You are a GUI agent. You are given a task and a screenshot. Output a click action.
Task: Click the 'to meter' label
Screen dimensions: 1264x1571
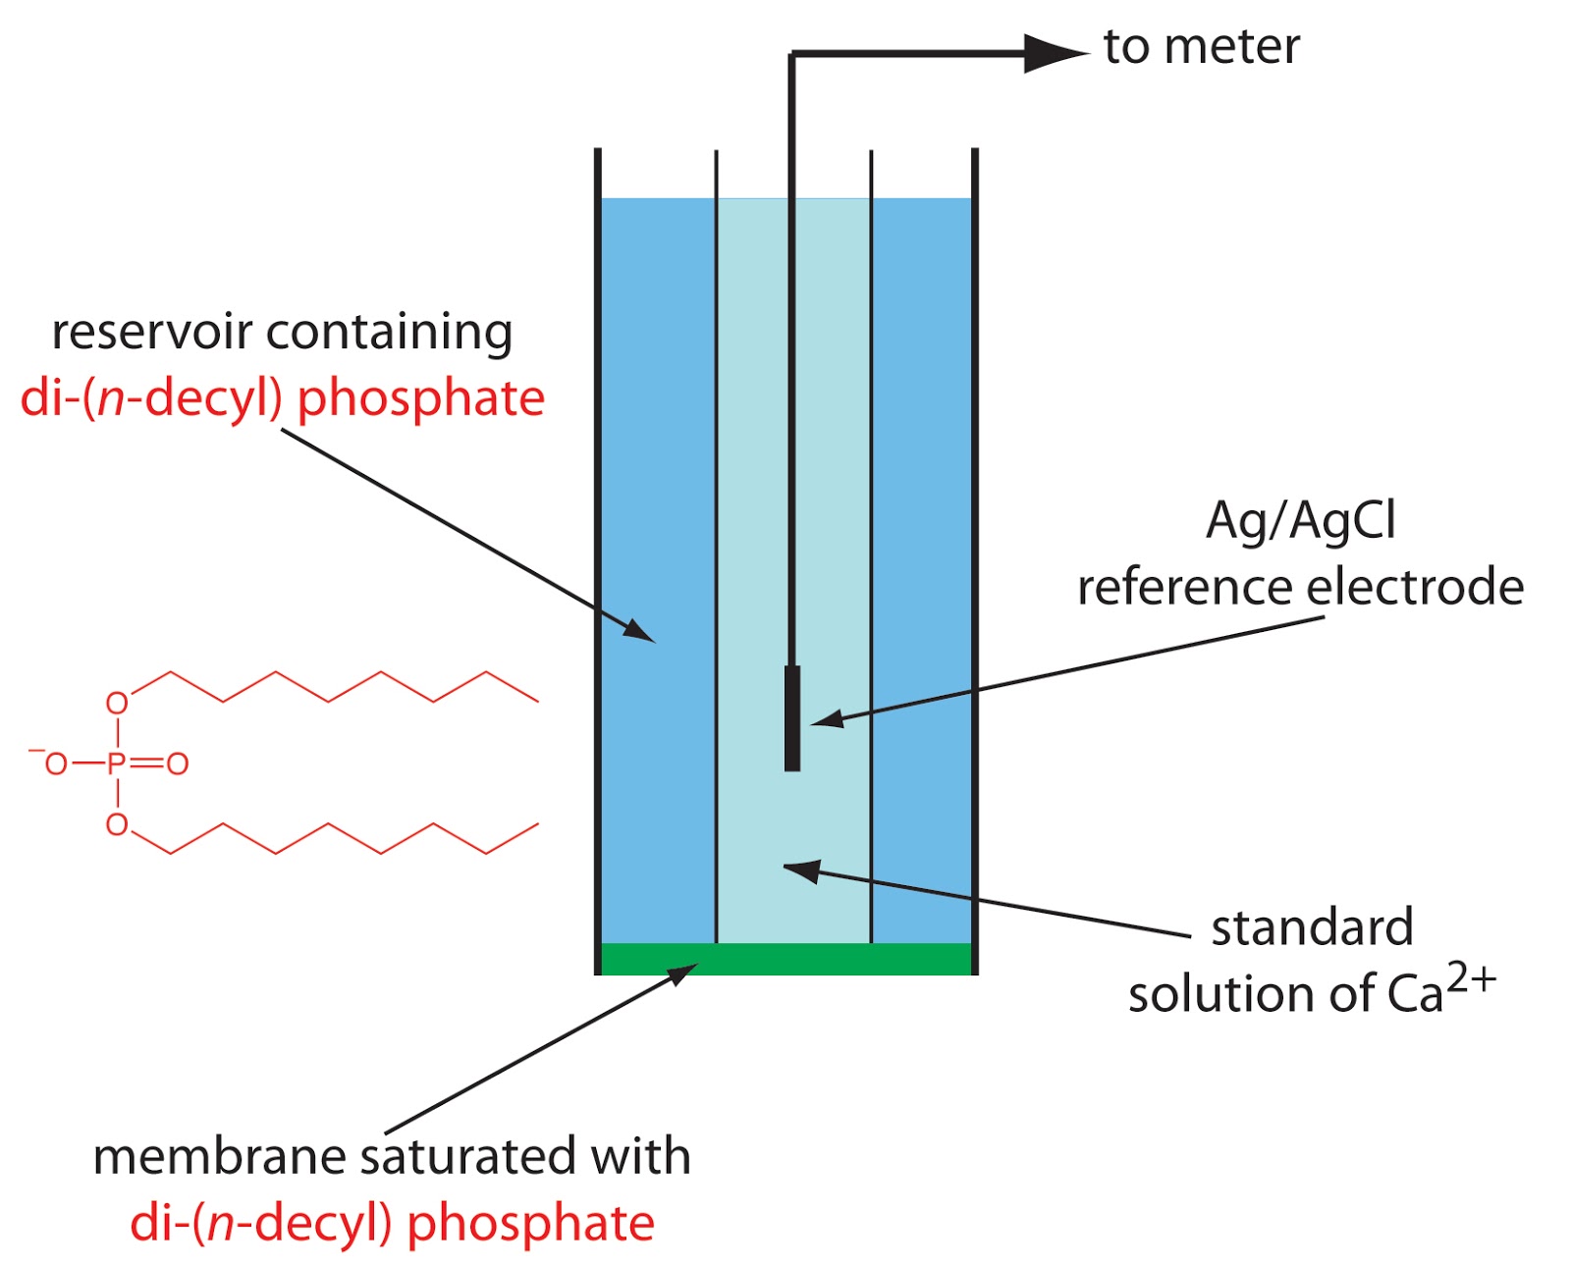[1201, 47]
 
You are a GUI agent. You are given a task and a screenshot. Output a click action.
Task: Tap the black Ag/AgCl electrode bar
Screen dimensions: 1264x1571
[792, 718]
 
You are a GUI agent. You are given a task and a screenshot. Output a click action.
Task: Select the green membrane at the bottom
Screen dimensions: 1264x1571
[786, 959]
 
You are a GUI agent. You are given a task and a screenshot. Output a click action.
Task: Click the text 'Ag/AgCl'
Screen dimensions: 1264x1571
[1300, 520]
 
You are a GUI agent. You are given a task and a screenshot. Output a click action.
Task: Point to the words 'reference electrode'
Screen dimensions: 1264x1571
[1300, 587]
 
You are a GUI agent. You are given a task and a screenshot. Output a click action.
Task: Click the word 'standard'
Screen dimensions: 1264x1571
[1312, 928]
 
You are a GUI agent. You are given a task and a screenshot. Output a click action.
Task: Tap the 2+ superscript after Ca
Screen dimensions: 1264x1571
[1471, 980]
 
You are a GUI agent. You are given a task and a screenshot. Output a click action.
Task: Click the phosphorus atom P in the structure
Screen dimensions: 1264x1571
[117, 764]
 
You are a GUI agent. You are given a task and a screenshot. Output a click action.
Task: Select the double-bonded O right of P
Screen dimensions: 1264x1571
[178, 764]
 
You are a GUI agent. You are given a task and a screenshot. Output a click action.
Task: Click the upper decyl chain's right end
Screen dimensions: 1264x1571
[536, 701]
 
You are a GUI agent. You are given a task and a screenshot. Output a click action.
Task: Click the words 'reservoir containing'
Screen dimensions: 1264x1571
[282, 332]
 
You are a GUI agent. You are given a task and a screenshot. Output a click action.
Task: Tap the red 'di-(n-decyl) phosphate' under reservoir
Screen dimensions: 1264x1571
[282, 398]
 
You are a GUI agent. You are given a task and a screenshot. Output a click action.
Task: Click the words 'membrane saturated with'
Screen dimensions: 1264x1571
[392, 1156]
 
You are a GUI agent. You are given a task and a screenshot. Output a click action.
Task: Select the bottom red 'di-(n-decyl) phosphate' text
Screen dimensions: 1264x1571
[392, 1223]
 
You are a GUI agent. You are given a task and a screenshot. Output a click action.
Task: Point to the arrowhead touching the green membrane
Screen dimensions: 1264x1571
[684, 973]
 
